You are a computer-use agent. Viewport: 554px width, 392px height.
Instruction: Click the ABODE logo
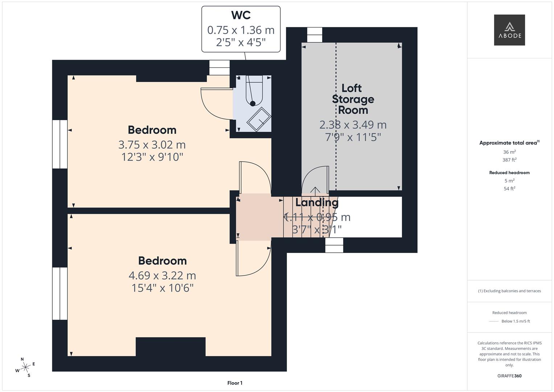click(509, 30)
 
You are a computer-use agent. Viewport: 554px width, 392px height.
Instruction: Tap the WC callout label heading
click(241, 15)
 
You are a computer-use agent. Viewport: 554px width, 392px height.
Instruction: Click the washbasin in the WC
click(259, 119)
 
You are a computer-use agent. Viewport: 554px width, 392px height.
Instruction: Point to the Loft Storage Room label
click(353, 99)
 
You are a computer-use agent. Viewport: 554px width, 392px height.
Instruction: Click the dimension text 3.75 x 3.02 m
click(152, 145)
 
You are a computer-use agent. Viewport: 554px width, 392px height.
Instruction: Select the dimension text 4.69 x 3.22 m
click(162, 275)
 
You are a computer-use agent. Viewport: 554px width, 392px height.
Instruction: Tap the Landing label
click(316, 202)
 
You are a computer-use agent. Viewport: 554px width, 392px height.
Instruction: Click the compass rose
click(25, 367)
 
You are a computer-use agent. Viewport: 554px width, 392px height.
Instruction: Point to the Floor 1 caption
click(235, 383)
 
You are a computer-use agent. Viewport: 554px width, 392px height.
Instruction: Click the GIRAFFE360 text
click(509, 376)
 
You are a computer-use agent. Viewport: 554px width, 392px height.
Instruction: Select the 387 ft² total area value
click(509, 160)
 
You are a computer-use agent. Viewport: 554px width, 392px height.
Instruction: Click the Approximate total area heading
click(509, 143)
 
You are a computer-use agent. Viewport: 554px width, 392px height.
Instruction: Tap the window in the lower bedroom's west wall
click(60, 293)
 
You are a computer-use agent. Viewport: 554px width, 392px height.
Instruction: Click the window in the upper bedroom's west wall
click(60, 144)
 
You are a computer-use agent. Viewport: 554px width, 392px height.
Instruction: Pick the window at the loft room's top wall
click(315, 35)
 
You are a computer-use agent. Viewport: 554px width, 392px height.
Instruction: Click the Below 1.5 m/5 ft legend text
click(515, 321)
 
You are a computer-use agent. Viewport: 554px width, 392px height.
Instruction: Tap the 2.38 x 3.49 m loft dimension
click(353, 125)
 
